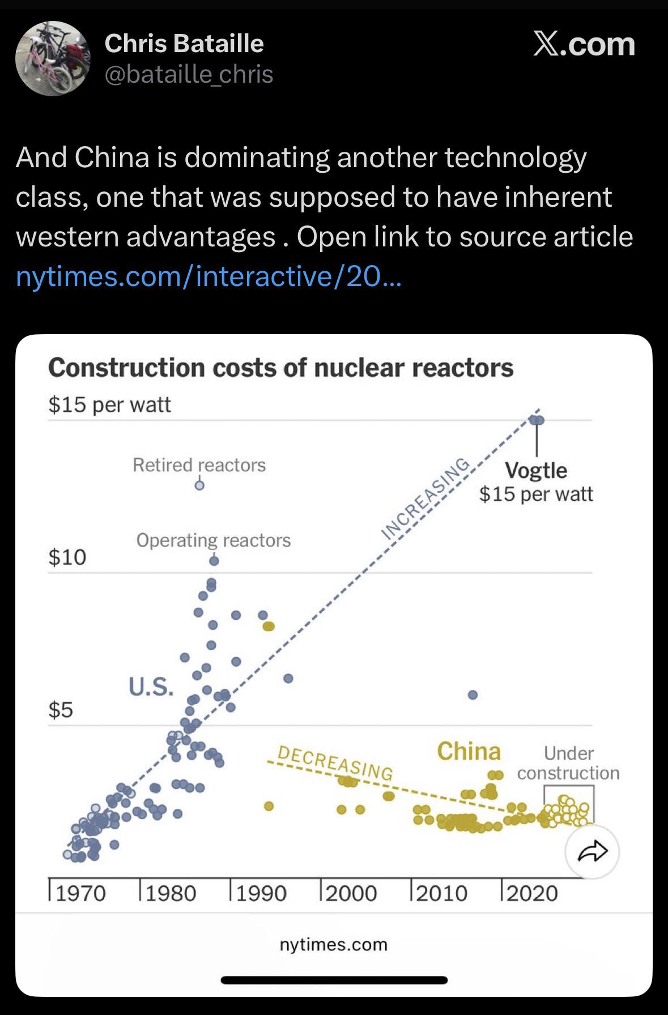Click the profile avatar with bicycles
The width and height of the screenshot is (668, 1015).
[52, 58]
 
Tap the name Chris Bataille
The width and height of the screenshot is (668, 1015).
[184, 44]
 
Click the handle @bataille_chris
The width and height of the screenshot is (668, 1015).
[189, 74]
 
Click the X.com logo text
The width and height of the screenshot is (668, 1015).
[584, 44]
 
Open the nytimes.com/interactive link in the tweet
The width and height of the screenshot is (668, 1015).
[209, 276]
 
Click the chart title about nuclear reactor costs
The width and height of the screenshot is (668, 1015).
[280, 368]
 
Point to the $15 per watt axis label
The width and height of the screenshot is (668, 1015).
[109, 404]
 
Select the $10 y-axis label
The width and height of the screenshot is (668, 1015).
[67, 557]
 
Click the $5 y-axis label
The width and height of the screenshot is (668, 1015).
[61, 709]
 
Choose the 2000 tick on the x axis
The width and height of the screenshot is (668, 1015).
[351, 893]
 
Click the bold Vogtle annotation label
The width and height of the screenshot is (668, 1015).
[535, 471]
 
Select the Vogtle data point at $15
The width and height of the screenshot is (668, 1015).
[537, 420]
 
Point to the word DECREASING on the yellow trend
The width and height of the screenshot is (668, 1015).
[335, 762]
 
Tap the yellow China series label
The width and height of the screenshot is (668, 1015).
[469, 752]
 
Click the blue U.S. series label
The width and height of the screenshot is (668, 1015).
[150, 687]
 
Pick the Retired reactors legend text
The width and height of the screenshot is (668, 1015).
[199, 465]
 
